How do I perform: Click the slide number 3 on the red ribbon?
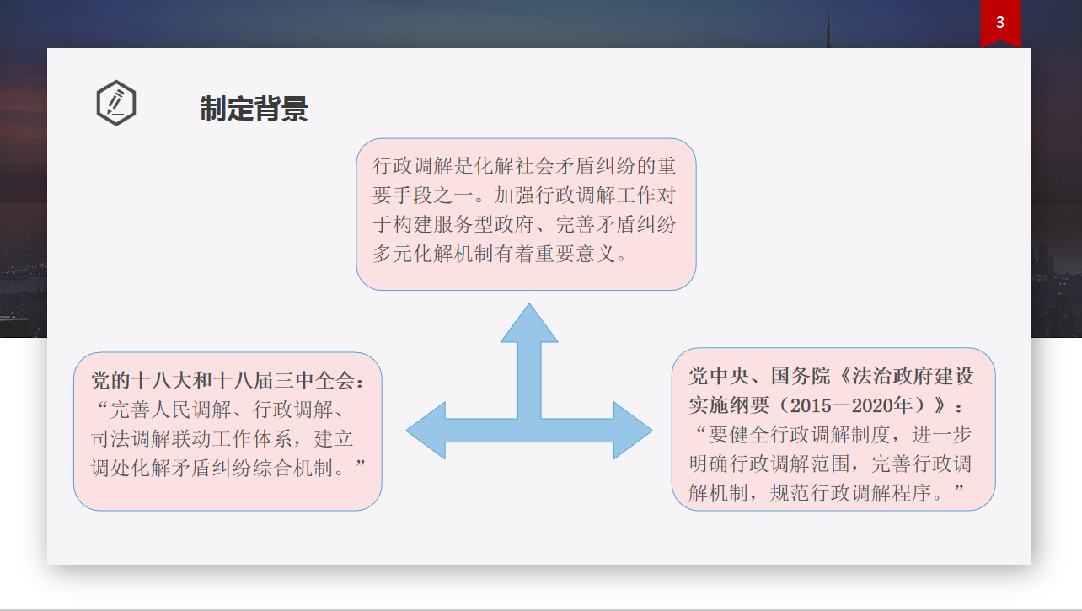(1000, 22)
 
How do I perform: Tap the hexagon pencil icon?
(116, 103)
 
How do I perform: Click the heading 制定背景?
(254, 108)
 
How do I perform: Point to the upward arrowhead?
(529, 323)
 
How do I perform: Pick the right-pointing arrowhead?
(633, 431)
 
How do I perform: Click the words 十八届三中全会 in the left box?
(284, 381)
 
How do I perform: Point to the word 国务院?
(801, 376)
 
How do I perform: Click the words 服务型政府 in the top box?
(484, 225)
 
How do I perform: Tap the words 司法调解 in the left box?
(131, 438)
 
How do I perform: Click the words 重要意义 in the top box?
(575, 254)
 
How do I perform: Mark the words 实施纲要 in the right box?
(730, 405)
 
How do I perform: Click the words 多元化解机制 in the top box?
(433, 254)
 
